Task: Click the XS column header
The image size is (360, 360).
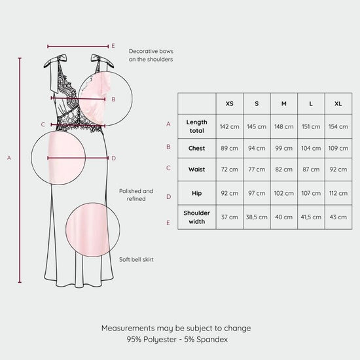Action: click(229, 104)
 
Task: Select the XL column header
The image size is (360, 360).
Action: click(338, 104)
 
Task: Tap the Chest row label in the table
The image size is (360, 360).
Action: click(197, 149)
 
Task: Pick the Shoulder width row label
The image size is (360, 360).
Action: click(197, 217)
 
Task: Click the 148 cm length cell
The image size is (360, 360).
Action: click(284, 127)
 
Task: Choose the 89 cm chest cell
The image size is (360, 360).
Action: click(229, 149)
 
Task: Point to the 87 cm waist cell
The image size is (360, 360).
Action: click(311, 170)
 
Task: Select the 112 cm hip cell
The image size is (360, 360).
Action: click(338, 193)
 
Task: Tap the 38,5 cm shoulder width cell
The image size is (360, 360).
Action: click(257, 217)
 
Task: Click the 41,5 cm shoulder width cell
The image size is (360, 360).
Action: click(311, 217)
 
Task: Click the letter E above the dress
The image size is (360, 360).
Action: click(113, 46)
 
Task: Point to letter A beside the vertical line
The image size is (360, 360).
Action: click(9, 158)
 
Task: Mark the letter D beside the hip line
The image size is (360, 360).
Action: click(114, 158)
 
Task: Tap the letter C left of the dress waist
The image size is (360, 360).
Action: click(43, 124)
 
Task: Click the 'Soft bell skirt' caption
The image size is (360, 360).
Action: click(136, 260)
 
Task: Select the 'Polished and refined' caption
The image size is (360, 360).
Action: click(136, 195)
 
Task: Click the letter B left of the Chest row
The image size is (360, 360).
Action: click(168, 147)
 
